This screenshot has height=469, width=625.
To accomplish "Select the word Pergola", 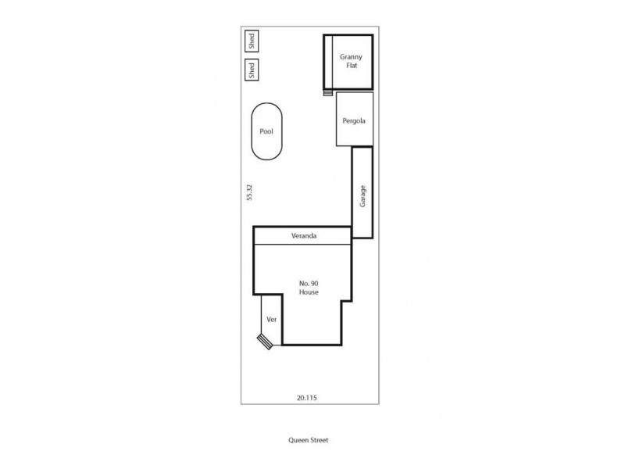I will [354, 121].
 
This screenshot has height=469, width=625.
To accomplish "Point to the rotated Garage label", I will [362, 195].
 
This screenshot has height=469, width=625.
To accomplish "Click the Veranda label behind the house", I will [303, 235].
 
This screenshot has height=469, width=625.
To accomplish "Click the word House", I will [309, 292].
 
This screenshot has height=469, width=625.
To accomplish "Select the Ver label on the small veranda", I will [272, 320].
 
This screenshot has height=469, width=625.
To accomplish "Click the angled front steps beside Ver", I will [266, 341].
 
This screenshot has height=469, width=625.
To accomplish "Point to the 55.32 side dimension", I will [249, 192].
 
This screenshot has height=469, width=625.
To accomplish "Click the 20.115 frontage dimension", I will [306, 397].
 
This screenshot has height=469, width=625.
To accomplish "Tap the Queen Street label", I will [308, 440].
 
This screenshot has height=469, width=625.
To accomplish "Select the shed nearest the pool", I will [252, 70].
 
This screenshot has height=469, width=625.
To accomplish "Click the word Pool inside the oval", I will [266, 132].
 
